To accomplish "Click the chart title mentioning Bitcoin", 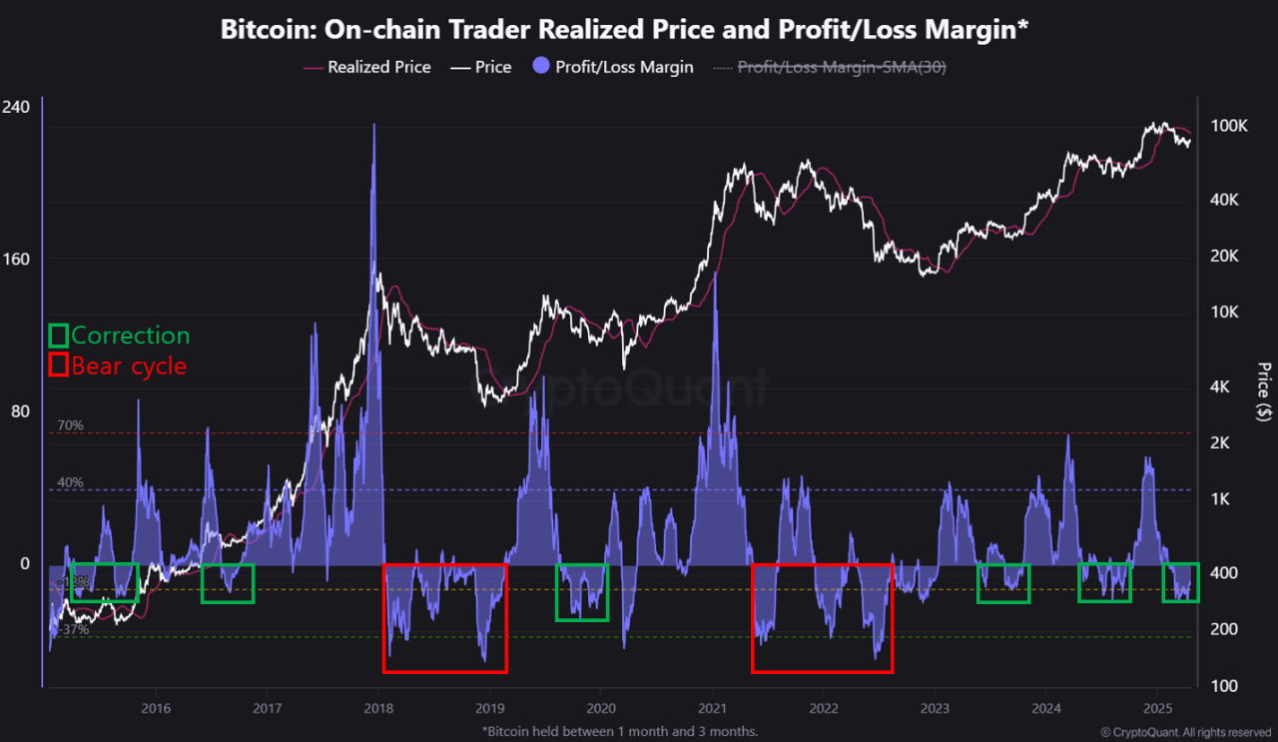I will tap(624, 30).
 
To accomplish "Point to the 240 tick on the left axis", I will tap(17, 107).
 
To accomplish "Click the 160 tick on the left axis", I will tap(17, 260).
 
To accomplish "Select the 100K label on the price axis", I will tap(1229, 127).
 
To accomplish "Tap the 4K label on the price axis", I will tap(1225, 386).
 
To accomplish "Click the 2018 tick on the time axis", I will tap(377, 708).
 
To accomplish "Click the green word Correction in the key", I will tap(130, 336).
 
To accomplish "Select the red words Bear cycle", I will tap(129, 366).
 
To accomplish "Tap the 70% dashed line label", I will tap(70, 425).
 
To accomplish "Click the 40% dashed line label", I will tap(70, 482).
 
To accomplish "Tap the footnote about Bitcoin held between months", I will tap(620, 732).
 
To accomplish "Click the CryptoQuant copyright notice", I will tap(1185, 732).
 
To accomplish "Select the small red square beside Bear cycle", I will tap(58, 366).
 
